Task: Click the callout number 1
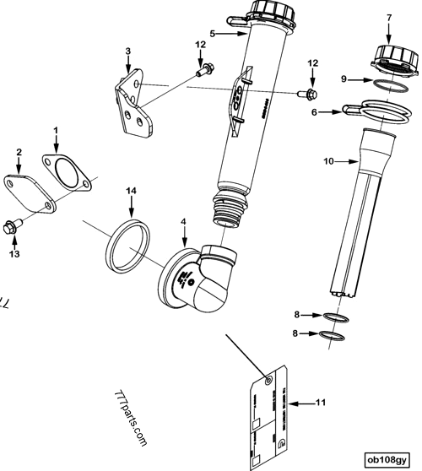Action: (56, 132)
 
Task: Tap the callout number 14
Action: (130, 192)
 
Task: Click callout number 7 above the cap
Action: (388, 18)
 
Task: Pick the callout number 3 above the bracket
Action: (127, 51)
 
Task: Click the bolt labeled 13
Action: (13, 226)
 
